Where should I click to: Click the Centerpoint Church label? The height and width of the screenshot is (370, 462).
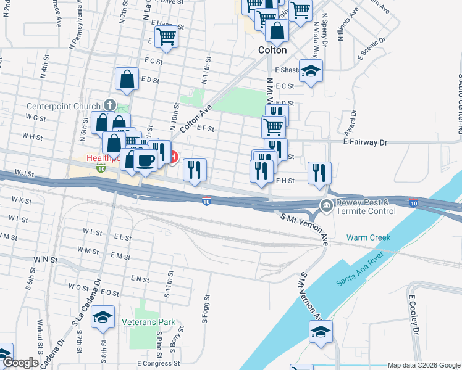[63, 106]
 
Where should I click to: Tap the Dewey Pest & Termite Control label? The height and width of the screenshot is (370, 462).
[364, 207]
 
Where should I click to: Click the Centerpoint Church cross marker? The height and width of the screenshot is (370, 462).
[110, 104]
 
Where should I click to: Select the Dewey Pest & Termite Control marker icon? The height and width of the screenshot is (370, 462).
[325, 205]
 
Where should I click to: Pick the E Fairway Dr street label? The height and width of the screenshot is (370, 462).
[365, 142]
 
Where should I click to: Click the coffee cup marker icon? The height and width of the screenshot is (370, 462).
[145, 161]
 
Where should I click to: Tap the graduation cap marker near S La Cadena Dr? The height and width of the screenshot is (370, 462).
[103, 318]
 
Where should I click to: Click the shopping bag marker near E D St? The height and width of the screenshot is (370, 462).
[127, 78]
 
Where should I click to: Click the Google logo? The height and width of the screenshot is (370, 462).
[20, 363]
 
